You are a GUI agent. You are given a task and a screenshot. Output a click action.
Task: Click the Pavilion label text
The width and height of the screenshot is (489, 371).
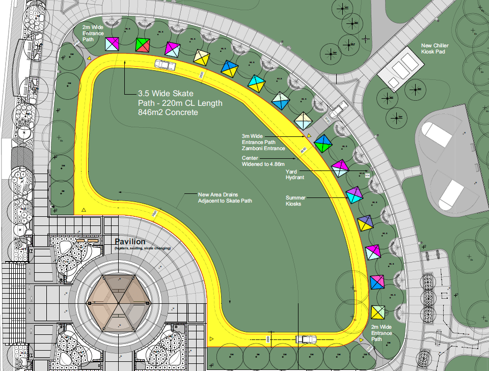(x=130, y=241)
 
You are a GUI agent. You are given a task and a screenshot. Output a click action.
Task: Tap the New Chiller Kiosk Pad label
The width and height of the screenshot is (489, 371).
(x=434, y=49)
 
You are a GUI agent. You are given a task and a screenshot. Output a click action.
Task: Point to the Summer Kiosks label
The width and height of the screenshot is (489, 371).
(x=295, y=201)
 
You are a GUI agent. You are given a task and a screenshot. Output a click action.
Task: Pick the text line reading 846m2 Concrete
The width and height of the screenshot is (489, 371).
(x=168, y=112)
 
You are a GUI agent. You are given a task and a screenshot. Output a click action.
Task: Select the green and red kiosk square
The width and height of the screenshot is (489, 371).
(x=143, y=45)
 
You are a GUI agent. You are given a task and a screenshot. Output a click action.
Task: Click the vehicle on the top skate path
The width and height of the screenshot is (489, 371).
(x=165, y=65)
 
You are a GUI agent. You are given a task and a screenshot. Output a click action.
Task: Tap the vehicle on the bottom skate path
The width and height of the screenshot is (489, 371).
(x=307, y=339)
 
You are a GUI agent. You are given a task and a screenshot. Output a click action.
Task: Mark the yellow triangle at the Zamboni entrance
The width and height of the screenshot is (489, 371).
(x=309, y=136)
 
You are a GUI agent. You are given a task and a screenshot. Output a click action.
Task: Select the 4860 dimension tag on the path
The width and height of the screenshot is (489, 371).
(x=303, y=151)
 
